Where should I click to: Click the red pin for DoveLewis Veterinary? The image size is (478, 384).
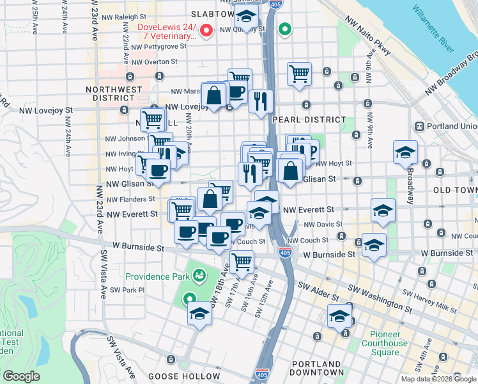click(206, 30)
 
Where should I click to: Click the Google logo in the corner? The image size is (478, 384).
click(21, 376)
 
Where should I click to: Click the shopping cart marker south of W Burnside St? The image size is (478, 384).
click(242, 261)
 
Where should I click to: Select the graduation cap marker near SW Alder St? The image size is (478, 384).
click(339, 316)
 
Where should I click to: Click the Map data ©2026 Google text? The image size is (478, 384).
click(438, 379)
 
